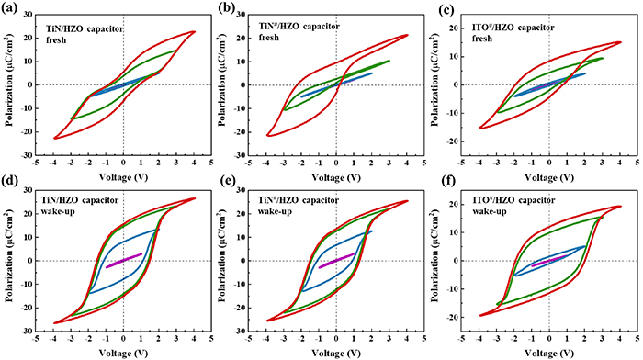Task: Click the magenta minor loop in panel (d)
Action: [123, 260]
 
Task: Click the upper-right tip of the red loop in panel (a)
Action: [195, 32]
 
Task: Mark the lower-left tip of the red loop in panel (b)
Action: [267, 136]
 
